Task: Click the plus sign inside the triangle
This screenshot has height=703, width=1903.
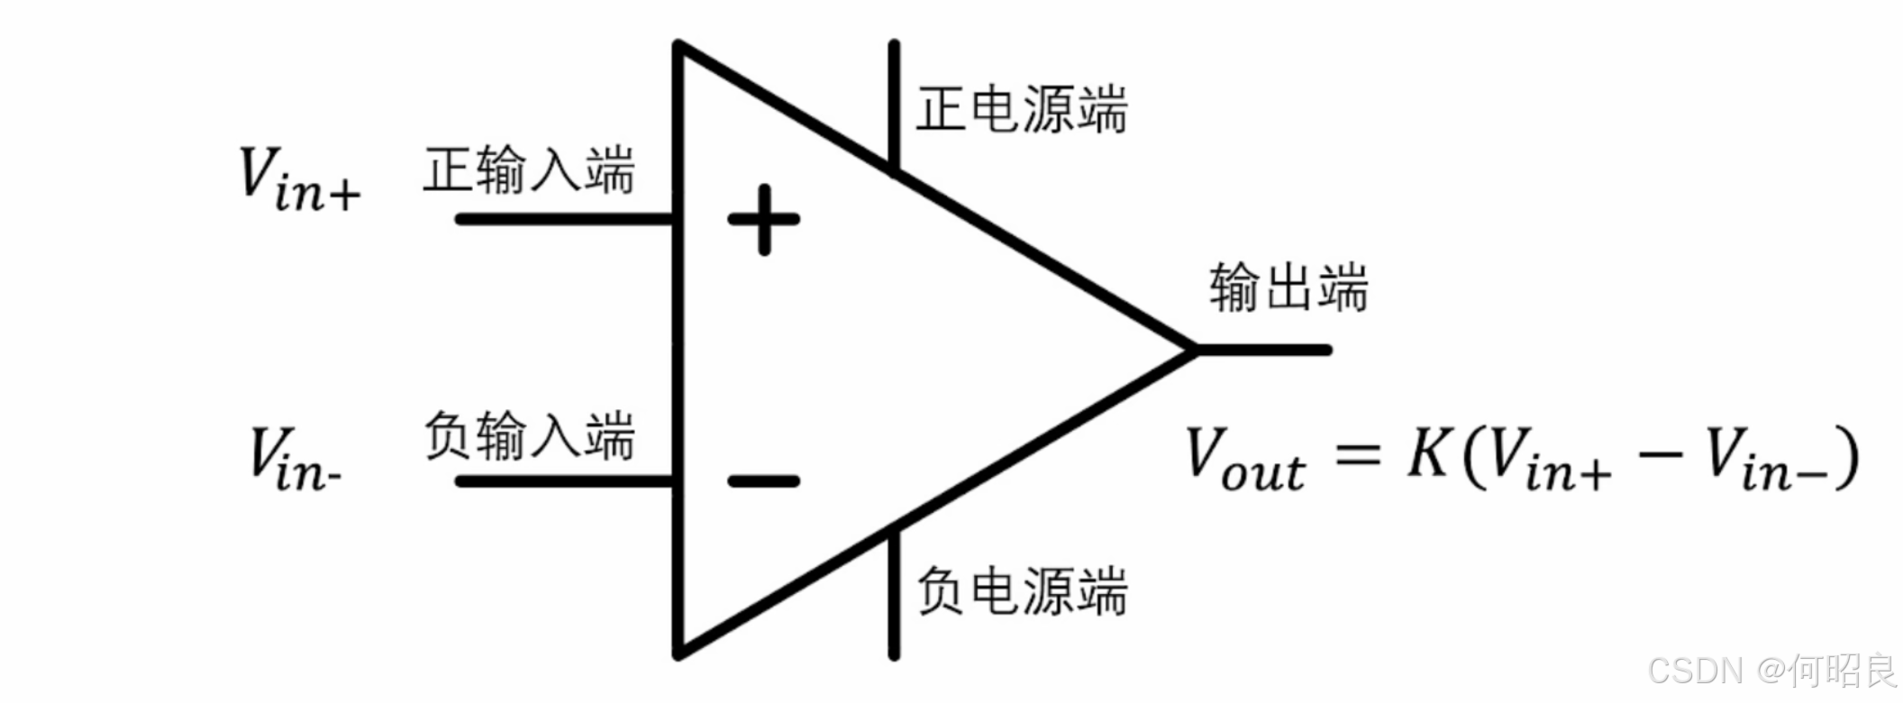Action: pyautogui.click(x=763, y=219)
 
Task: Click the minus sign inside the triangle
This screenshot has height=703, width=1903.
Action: pyautogui.click(x=763, y=481)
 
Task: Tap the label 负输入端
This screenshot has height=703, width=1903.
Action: pyautogui.click(x=530, y=435)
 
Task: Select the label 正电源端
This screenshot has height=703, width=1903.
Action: pyautogui.click(x=1022, y=109)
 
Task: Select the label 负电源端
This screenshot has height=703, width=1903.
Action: pyautogui.click(x=1022, y=591)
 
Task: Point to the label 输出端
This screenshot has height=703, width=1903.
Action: pyautogui.click(x=1288, y=288)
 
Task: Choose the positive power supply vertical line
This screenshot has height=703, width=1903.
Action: pyautogui.click(x=893, y=104)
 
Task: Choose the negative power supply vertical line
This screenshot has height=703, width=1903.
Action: pyautogui.click(x=893, y=595)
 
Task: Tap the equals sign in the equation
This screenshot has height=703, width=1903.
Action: pyautogui.click(x=1357, y=452)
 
